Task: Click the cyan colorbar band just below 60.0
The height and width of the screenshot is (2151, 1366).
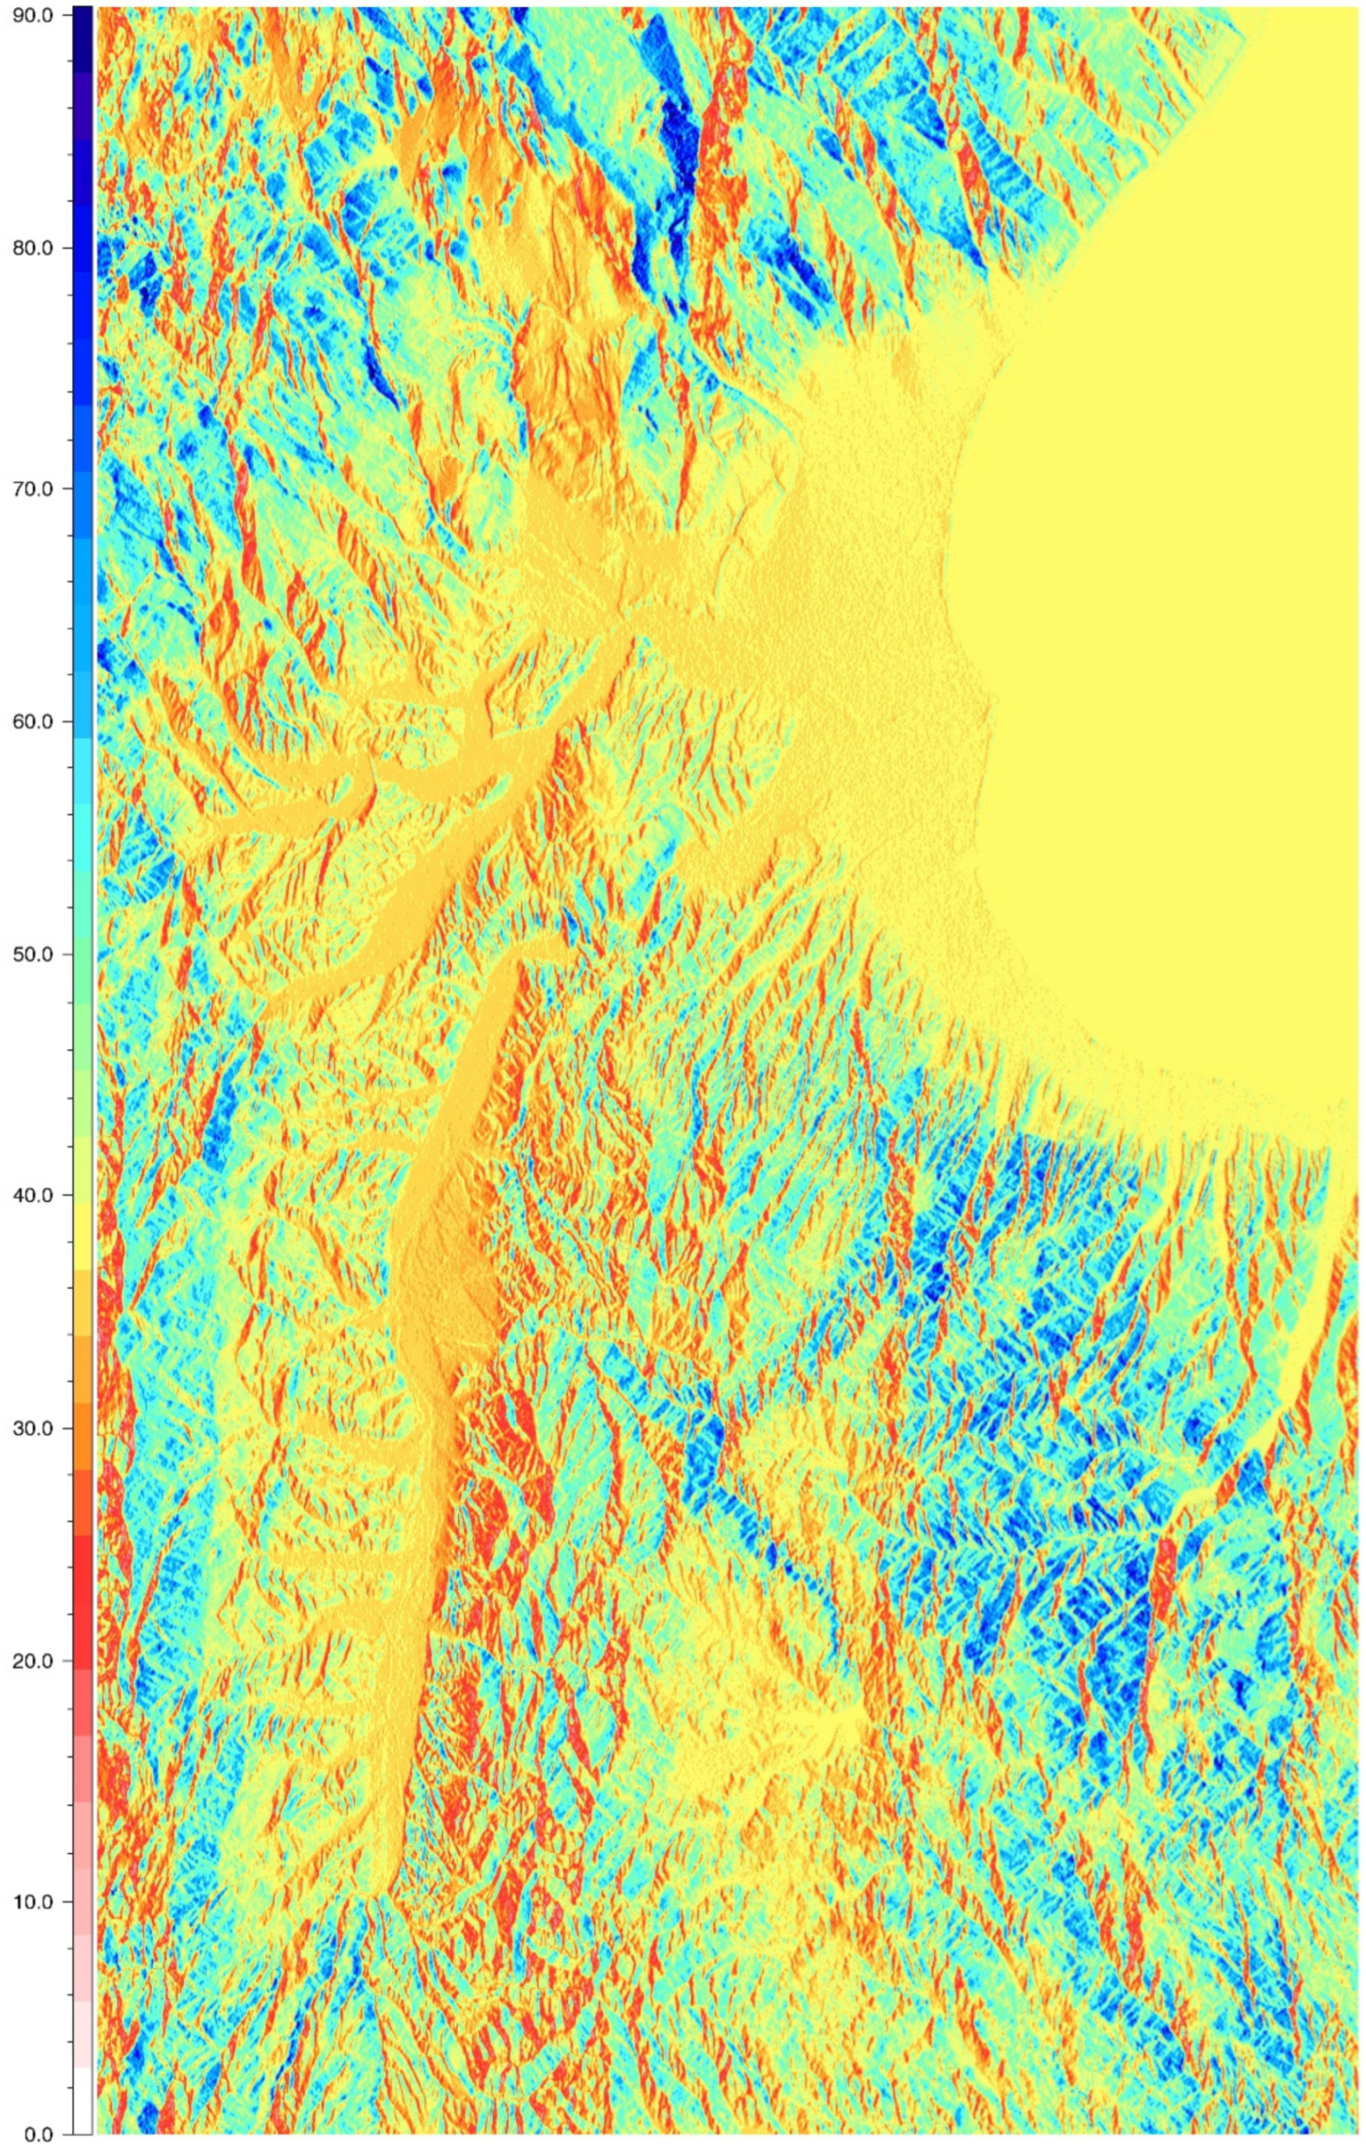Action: click(x=81, y=751)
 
